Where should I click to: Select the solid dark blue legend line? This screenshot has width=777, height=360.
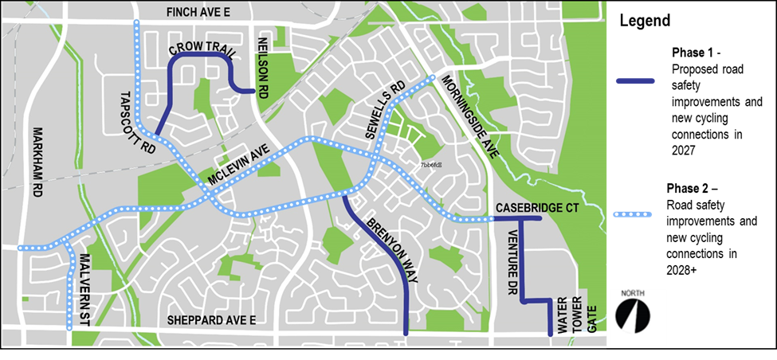[635, 81]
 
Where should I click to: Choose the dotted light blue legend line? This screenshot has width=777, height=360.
[634, 214]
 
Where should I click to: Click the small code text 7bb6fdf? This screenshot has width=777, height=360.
[431, 165]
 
